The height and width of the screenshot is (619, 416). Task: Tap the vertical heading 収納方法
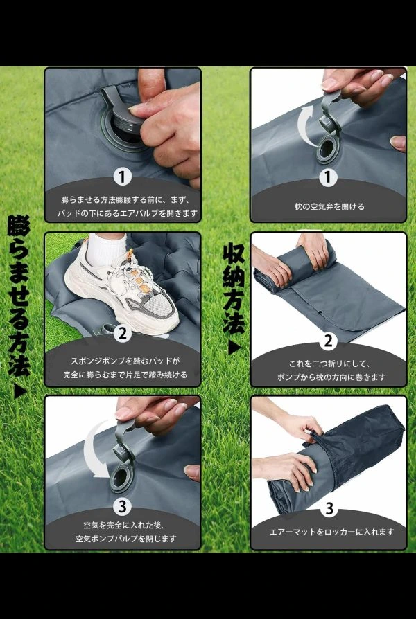pyautogui.click(x=234, y=288)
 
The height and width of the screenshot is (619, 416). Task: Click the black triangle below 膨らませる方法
pyautogui.click(x=20, y=391)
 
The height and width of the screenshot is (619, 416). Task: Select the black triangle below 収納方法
pyautogui.click(x=234, y=348)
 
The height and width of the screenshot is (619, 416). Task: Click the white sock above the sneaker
pyautogui.click(x=105, y=249)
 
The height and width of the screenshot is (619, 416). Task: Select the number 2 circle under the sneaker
pyautogui.click(x=123, y=334)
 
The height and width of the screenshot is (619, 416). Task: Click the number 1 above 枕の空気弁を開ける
pyautogui.click(x=328, y=178)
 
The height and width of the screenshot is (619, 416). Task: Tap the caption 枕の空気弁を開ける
pyautogui.click(x=329, y=206)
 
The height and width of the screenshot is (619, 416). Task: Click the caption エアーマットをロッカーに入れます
pyautogui.click(x=332, y=532)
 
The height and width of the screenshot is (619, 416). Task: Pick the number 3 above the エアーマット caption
pyautogui.click(x=329, y=508)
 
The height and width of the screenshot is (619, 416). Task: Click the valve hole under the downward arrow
pyautogui.click(x=121, y=478)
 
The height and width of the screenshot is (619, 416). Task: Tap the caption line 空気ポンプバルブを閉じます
pyautogui.click(x=125, y=539)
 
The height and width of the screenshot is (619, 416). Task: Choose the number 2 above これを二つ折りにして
pyautogui.click(x=329, y=341)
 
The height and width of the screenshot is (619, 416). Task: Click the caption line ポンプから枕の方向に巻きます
pyautogui.click(x=331, y=377)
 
